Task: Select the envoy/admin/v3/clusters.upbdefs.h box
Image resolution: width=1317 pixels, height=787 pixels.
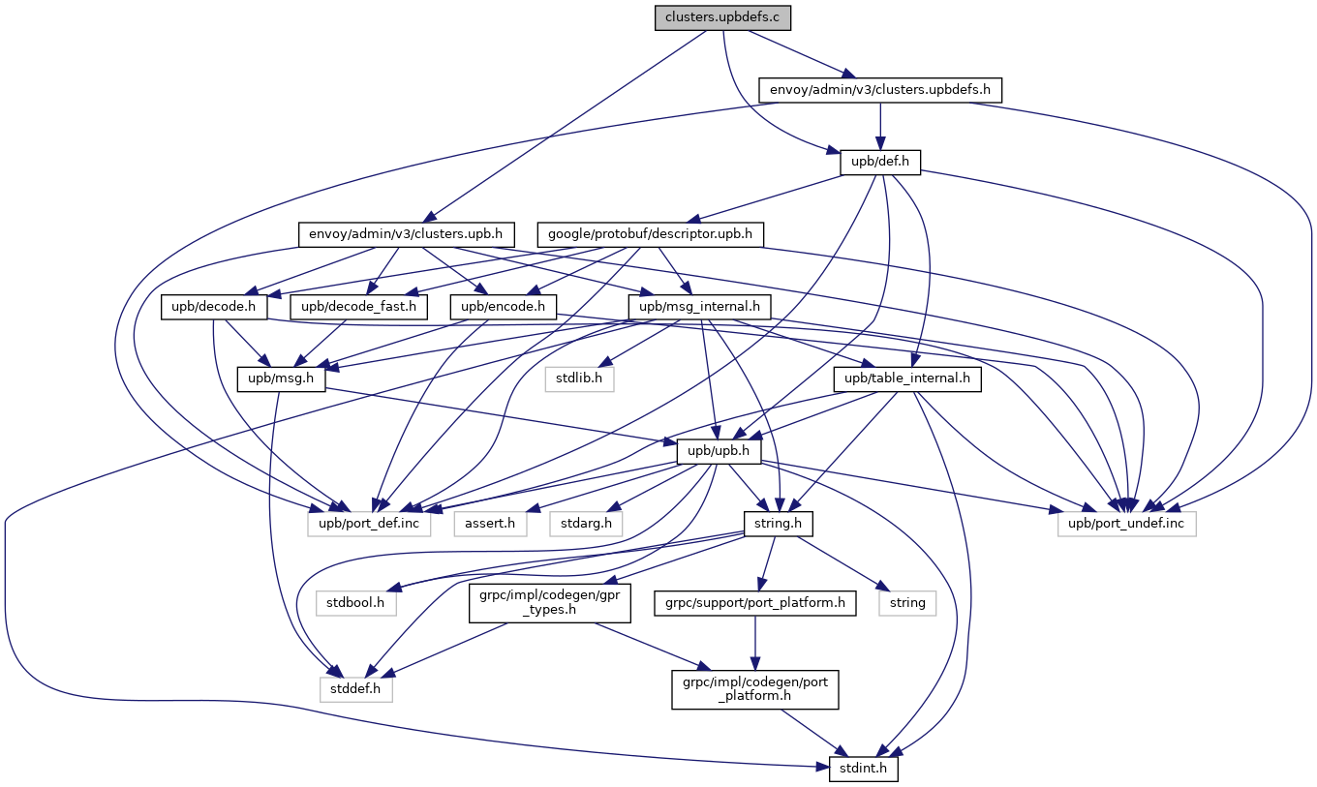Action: point(879,90)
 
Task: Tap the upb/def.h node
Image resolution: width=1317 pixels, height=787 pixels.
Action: point(879,162)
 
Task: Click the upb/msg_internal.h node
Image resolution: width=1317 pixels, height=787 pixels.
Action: point(699,307)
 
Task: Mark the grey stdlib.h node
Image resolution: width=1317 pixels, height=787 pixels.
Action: point(578,378)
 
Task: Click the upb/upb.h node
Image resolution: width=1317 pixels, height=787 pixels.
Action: point(719,451)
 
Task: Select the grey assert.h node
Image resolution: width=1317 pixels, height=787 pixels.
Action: point(490,524)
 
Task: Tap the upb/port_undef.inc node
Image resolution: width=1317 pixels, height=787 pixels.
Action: point(1126,524)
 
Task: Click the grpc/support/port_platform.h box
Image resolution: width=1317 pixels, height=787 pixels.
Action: point(754,602)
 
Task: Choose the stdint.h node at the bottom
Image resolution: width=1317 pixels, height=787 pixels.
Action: point(864,770)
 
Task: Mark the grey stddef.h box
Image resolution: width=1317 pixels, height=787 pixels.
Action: point(355,689)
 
